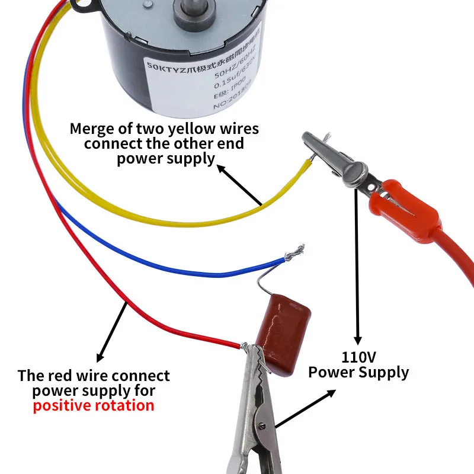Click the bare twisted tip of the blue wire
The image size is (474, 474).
pos(295,252)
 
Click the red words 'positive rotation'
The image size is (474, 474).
pos(94,406)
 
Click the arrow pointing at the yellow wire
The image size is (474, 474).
pos(240,185)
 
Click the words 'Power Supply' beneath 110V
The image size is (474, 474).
pos(358,372)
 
